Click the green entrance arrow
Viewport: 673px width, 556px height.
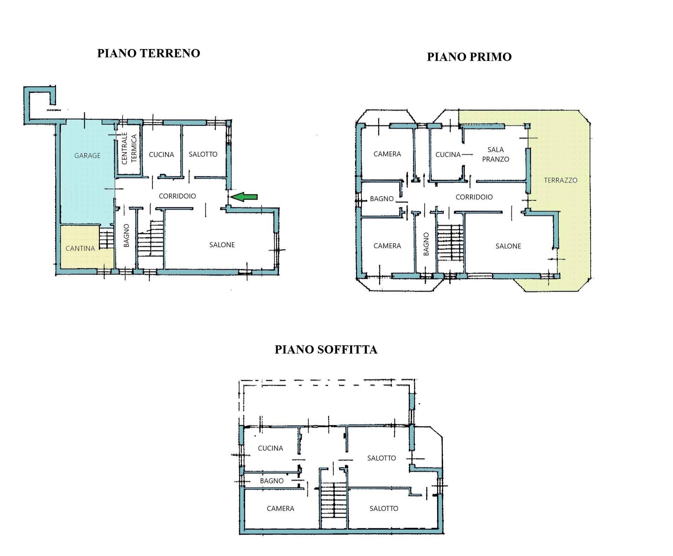pyautogui.click(x=244, y=197)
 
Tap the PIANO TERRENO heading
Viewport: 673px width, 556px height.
pyautogui.click(x=149, y=53)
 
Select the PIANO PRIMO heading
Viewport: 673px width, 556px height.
pyautogui.click(x=469, y=57)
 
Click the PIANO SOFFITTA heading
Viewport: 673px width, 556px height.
pyautogui.click(x=326, y=350)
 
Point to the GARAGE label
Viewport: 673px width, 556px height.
pyautogui.click(x=87, y=156)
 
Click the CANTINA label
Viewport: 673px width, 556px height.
pyautogui.click(x=80, y=248)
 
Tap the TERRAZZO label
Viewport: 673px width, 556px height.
pyautogui.click(x=560, y=180)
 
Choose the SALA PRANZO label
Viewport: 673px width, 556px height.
pyautogui.click(x=495, y=155)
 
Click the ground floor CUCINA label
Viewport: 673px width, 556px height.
pyautogui.click(x=161, y=155)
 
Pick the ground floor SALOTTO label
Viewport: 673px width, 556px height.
pyautogui.click(x=203, y=154)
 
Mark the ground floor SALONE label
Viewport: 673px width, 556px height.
pyautogui.click(x=222, y=245)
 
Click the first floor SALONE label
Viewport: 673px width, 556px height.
pyautogui.click(x=508, y=246)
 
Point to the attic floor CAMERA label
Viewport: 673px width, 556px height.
pyautogui.click(x=280, y=508)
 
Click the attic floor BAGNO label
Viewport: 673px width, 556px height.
pyautogui.click(x=272, y=481)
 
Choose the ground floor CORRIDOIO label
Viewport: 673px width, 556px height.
pyautogui.click(x=177, y=196)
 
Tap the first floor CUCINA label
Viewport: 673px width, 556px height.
pyautogui.click(x=448, y=155)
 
